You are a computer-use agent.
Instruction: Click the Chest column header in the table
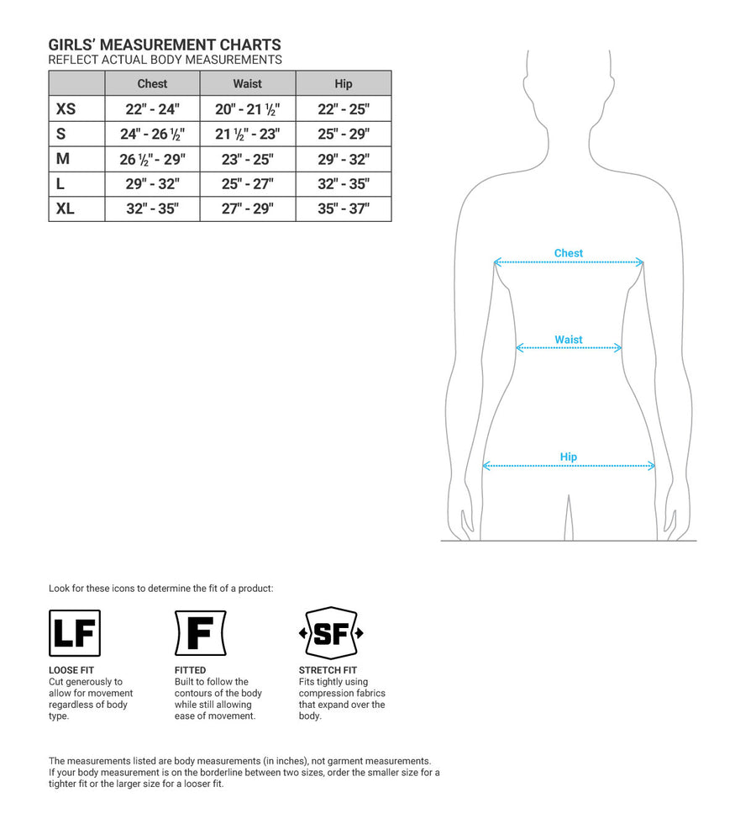[x=152, y=83]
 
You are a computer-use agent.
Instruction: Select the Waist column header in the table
[x=248, y=83]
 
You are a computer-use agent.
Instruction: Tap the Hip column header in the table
[x=343, y=83]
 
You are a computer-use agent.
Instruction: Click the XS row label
[x=66, y=108]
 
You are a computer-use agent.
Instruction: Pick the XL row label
[x=66, y=209]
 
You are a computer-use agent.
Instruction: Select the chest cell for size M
[x=152, y=159]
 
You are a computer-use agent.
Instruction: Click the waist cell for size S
[x=248, y=134]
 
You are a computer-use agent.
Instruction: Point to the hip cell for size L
[x=343, y=184]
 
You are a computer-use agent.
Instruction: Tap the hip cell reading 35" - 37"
[x=343, y=209]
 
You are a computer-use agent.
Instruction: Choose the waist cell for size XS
[x=248, y=108]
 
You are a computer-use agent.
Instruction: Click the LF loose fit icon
[x=75, y=633]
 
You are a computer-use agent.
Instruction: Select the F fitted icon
[x=200, y=633]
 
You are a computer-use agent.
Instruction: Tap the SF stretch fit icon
[x=331, y=633]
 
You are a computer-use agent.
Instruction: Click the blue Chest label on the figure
[x=569, y=253]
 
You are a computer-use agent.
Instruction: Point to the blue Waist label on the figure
[x=569, y=340]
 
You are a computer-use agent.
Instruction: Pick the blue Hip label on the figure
[x=569, y=457]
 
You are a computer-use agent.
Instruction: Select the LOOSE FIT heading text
[x=71, y=670]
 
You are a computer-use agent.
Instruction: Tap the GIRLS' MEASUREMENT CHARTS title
[x=165, y=45]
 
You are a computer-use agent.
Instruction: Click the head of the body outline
[x=569, y=84]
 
